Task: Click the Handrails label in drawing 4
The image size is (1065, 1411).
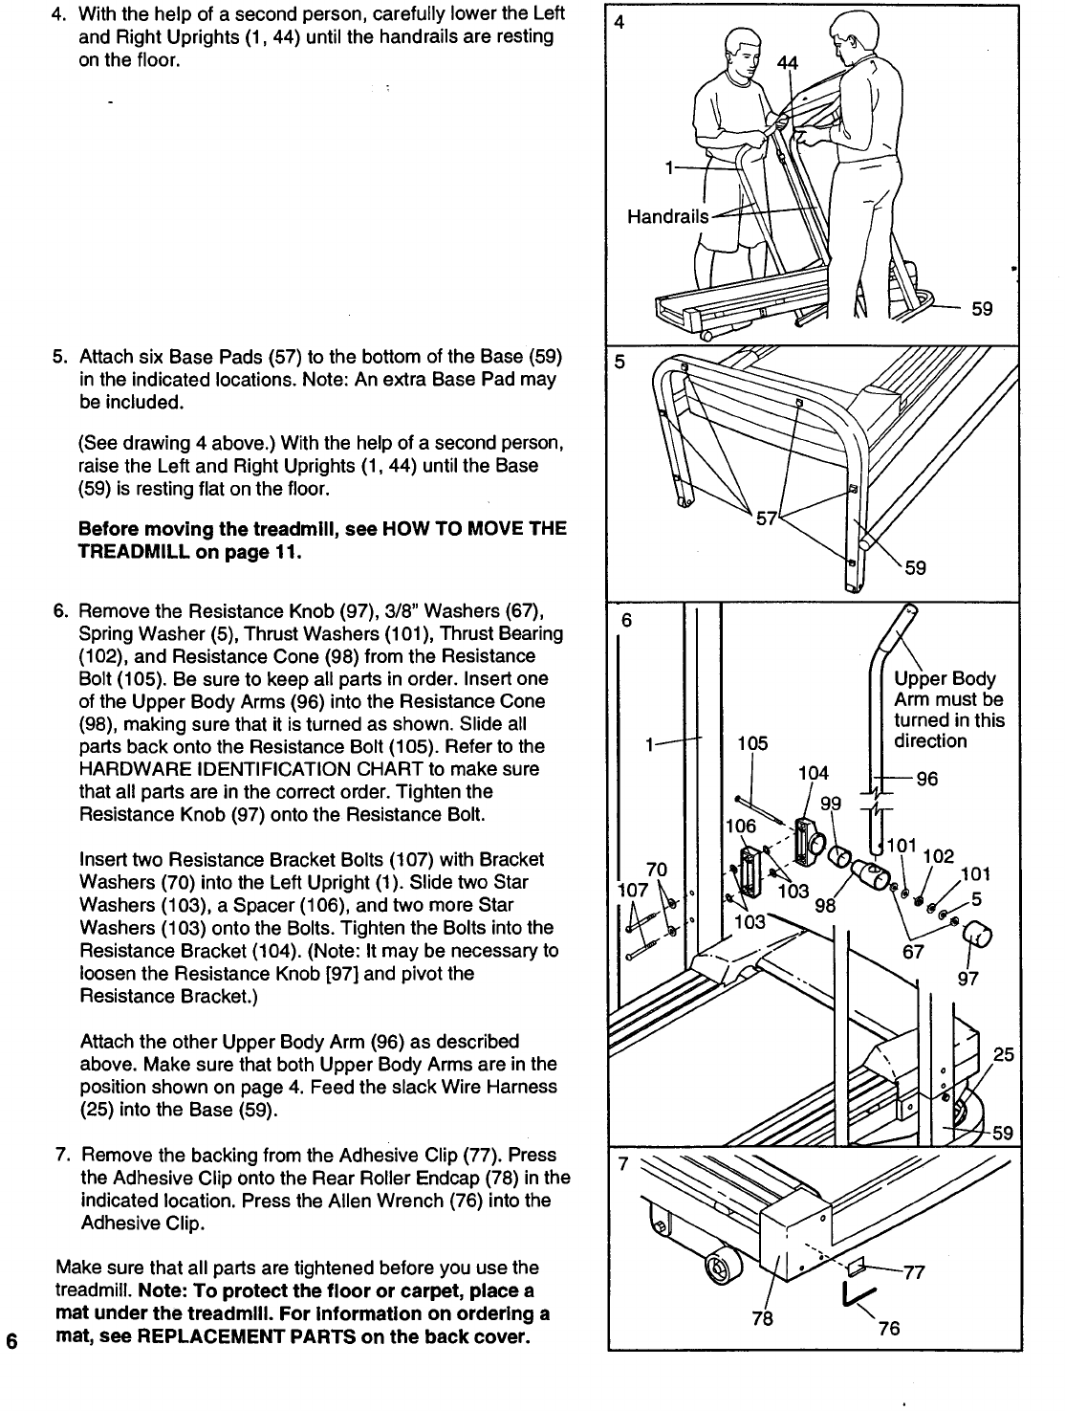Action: [667, 217]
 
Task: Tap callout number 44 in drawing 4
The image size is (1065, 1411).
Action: [788, 64]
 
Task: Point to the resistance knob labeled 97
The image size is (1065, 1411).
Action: [977, 937]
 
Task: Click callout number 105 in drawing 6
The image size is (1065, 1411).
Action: [752, 743]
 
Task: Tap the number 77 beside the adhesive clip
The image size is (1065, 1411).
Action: [914, 1271]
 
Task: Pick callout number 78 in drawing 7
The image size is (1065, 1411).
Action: [761, 1319]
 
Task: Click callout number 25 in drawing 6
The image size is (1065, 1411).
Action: [1004, 1055]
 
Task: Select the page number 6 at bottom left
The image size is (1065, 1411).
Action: [11, 1339]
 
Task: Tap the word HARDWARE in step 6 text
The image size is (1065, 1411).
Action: [127, 769]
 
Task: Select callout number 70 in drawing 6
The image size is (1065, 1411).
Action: [656, 870]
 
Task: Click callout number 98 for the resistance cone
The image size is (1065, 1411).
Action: [822, 906]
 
